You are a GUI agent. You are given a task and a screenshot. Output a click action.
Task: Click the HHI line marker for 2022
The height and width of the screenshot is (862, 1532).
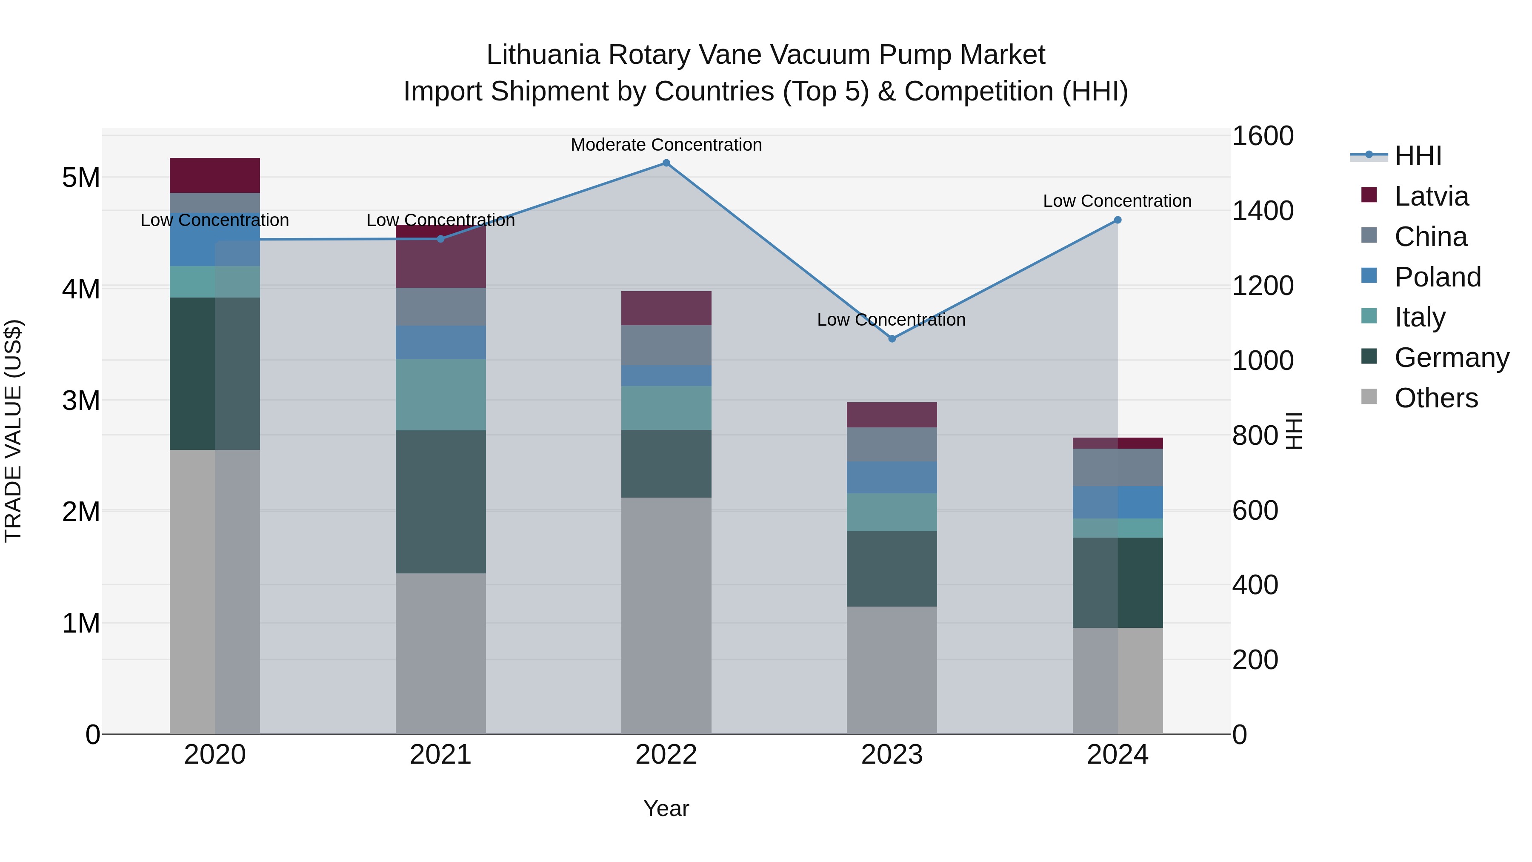tap(666, 163)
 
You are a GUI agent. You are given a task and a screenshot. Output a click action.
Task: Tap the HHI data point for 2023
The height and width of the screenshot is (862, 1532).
tap(892, 338)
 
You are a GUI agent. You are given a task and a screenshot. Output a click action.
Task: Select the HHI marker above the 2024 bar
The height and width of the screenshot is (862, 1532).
tap(1118, 220)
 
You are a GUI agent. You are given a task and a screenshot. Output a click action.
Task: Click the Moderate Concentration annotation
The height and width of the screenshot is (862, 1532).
tap(666, 145)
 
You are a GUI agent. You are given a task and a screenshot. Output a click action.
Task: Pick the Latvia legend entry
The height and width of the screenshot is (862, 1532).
tap(1431, 196)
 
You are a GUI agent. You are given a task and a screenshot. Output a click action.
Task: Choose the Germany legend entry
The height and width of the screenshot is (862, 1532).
tap(1451, 358)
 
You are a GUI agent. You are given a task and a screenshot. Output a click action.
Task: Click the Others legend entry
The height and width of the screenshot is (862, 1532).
tap(1436, 398)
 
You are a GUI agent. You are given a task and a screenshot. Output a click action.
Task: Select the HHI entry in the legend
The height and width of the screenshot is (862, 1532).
tap(1418, 156)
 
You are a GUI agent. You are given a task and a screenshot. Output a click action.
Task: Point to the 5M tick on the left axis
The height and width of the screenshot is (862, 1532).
tap(81, 177)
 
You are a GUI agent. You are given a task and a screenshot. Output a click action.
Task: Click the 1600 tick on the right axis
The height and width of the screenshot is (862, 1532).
tap(1262, 136)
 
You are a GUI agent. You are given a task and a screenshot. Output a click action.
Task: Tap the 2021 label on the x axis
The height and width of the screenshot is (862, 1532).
tap(441, 755)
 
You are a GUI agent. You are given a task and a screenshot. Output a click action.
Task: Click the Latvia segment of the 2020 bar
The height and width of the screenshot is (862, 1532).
tap(215, 175)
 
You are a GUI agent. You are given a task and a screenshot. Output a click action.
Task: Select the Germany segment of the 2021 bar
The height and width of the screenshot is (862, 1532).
tap(441, 501)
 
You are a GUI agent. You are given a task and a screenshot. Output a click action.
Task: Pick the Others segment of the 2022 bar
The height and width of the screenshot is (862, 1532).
tap(666, 616)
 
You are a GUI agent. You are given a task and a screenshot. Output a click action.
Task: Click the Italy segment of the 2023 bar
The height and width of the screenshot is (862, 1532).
tap(892, 512)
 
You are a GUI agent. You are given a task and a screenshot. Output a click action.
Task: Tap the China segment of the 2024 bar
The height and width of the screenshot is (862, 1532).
tap(1118, 467)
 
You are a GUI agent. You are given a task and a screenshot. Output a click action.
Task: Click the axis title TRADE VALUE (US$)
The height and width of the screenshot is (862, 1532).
tap(13, 431)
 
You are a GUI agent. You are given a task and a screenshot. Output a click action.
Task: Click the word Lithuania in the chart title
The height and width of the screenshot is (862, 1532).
tap(543, 55)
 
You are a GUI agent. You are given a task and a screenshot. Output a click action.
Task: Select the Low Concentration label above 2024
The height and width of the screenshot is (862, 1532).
tap(1117, 201)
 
